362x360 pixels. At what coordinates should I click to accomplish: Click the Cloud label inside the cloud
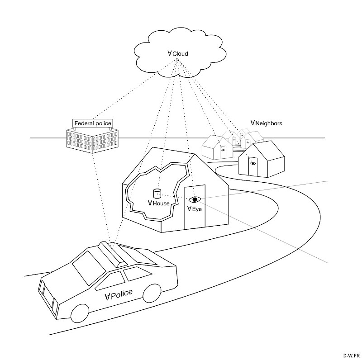point(178,53)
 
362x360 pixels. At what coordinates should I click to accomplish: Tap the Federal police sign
point(93,123)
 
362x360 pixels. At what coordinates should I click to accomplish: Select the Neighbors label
point(266,123)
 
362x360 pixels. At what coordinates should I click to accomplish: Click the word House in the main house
point(161,204)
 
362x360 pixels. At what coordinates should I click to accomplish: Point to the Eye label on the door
point(194,209)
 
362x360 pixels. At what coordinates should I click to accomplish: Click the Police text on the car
point(119,295)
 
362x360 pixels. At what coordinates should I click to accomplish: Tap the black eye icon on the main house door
point(195,199)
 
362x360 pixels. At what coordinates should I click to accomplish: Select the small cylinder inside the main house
point(157,194)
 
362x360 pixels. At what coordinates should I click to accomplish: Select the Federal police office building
point(92,141)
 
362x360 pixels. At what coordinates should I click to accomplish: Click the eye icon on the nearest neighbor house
point(253,163)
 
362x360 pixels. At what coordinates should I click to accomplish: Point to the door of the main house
point(195,207)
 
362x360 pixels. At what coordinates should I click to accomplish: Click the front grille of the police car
point(48,297)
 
